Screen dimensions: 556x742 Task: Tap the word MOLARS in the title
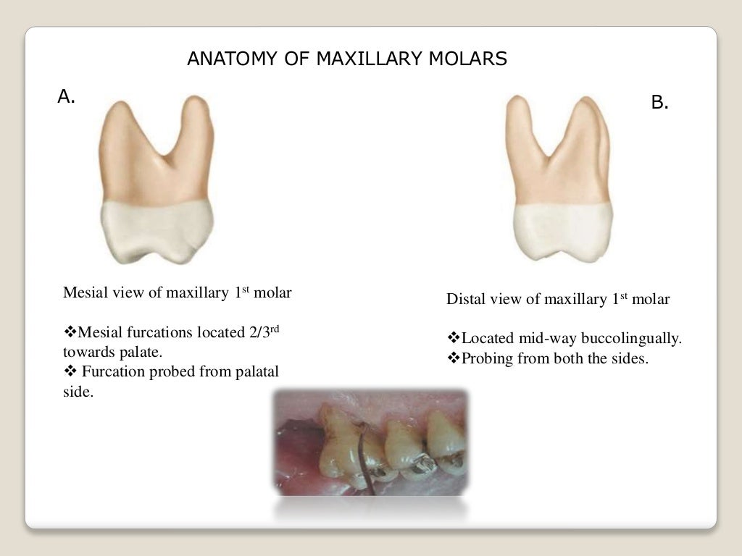coord(470,59)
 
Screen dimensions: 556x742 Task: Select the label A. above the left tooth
coord(66,96)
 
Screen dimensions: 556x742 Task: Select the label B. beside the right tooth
coord(659,103)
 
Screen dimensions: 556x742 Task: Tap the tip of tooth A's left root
coord(116,106)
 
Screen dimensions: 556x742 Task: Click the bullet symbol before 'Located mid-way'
coord(454,338)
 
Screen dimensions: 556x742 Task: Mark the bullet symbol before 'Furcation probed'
coord(70,372)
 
